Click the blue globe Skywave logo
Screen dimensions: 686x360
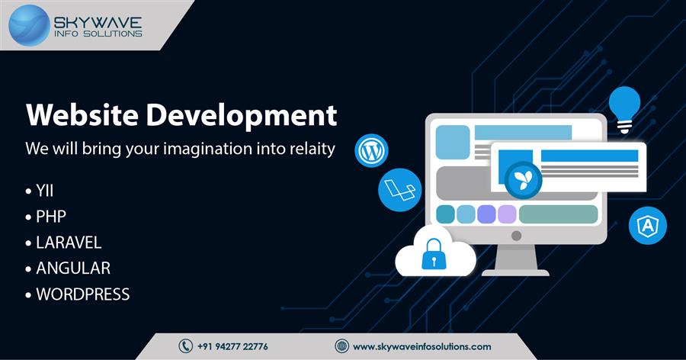pyautogui.click(x=29, y=25)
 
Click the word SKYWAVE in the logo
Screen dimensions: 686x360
pyautogui.click(x=98, y=23)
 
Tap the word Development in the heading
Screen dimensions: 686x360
pyautogui.click(x=241, y=116)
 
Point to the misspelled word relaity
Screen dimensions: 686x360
pyautogui.click(x=313, y=149)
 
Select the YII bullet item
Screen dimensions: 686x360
pyautogui.click(x=45, y=191)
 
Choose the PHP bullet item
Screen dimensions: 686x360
pyautogui.click(x=51, y=217)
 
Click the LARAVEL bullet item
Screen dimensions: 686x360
pyautogui.click(x=69, y=243)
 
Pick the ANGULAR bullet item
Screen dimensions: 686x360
pyautogui.click(x=73, y=268)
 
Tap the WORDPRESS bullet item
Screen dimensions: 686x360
pyautogui.click(x=82, y=294)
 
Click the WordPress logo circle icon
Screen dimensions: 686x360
pyautogui.click(x=371, y=151)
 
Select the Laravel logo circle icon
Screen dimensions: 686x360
pyautogui.click(x=400, y=190)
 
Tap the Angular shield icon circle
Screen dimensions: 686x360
pyautogui.click(x=648, y=226)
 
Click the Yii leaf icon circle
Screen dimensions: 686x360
pyautogui.click(x=523, y=180)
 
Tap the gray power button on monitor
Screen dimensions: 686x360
pyautogui.click(x=516, y=236)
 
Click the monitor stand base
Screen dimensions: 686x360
pyautogui.click(x=515, y=273)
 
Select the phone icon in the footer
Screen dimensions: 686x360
pyautogui.click(x=185, y=346)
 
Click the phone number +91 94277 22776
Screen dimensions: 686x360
pyautogui.click(x=232, y=346)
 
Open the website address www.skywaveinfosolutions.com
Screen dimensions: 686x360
pyautogui.click(x=422, y=346)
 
